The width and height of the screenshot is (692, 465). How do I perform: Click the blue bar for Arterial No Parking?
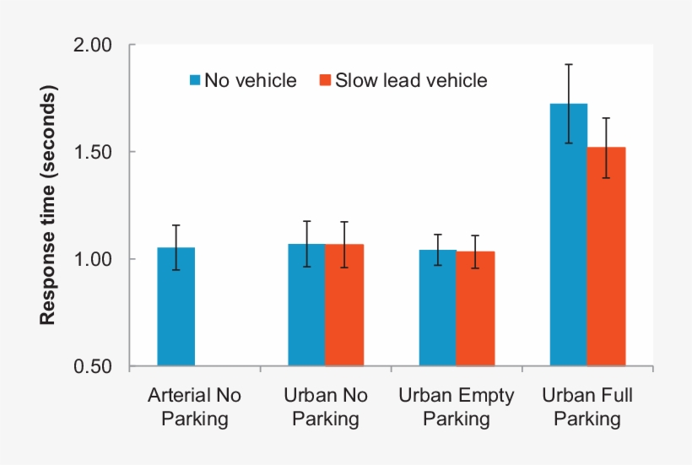[x=176, y=307]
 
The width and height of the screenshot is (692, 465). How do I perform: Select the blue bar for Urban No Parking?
[x=306, y=305]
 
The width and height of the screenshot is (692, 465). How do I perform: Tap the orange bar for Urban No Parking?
[x=344, y=305]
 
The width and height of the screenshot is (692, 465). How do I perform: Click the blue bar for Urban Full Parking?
[x=568, y=235]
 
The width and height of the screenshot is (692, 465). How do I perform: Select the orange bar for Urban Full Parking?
[x=606, y=257]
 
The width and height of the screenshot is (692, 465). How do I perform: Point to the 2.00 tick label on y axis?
[x=95, y=46]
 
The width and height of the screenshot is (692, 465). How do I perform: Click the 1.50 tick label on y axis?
[x=95, y=153]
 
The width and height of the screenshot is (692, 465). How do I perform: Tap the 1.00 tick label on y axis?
[x=95, y=260]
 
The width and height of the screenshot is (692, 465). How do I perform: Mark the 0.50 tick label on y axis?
[x=95, y=367]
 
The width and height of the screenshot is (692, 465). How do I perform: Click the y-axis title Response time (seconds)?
[x=48, y=207]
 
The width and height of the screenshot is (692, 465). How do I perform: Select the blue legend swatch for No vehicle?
[x=195, y=81]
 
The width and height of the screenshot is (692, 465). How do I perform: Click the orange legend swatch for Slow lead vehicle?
[x=323, y=81]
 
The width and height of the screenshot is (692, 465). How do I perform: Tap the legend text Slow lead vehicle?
[x=411, y=81]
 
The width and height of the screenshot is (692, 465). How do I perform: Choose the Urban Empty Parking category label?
[x=456, y=407]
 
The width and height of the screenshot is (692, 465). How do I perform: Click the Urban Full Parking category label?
[x=587, y=407]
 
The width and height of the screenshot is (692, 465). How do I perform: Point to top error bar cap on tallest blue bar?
[x=568, y=64]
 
